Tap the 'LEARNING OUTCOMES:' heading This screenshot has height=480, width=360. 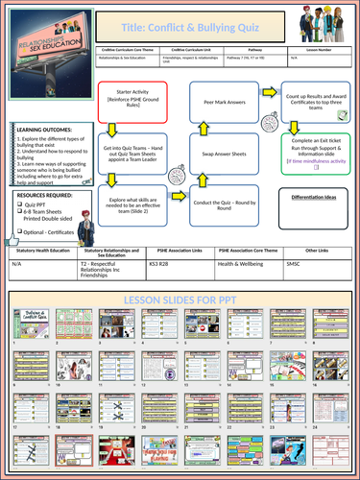tap(40, 132)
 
